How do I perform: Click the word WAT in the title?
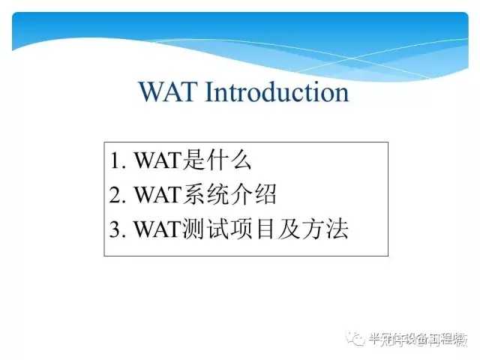[x=169, y=92]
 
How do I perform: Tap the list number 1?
[x=115, y=161]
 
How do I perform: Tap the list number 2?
[x=115, y=196]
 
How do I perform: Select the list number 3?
[x=115, y=230]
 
